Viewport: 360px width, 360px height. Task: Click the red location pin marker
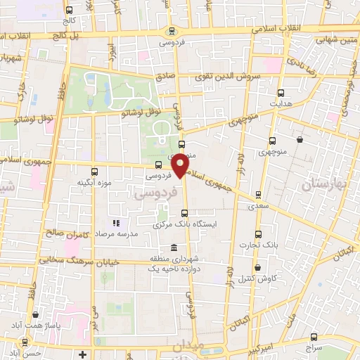click(x=181, y=165)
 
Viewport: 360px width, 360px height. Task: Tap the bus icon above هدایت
click(x=281, y=93)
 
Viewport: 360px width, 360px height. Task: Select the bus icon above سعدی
click(x=259, y=195)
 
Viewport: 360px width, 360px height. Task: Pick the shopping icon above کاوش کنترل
click(x=259, y=268)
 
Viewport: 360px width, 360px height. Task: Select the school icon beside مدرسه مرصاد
click(x=117, y=223)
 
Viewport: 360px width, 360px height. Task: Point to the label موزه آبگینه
click(x=94, y=182)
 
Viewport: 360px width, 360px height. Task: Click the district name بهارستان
click(x=322, y=184)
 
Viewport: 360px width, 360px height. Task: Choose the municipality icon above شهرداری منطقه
click(x=174, y=248)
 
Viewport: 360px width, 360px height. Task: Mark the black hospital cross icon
click(x=83, y=353)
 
